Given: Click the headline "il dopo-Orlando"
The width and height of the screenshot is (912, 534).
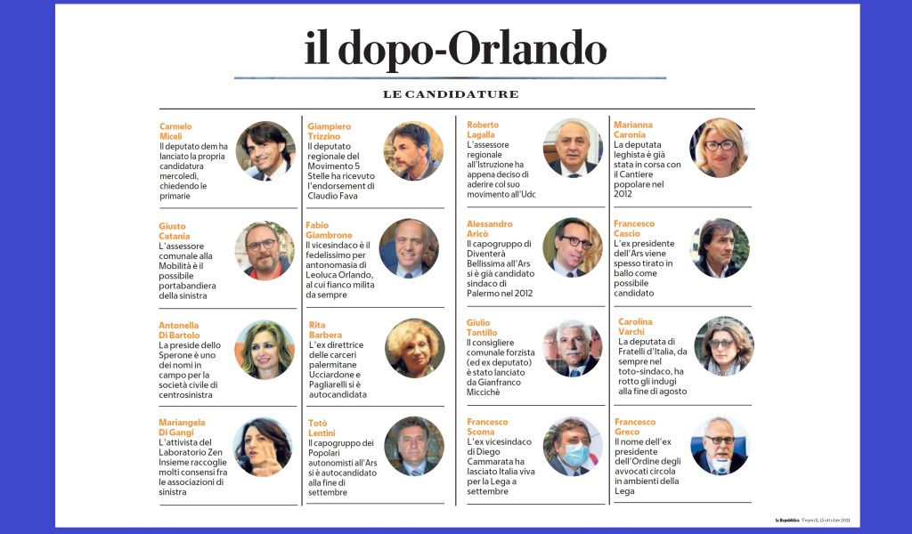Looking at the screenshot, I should tap(455, 49).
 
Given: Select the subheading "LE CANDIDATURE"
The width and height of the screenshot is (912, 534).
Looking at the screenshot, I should tap(451, 94).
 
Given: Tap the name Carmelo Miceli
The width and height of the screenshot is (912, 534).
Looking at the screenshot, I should tap(175, 131).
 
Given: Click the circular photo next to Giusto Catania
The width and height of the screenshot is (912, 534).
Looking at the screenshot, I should tap(265, 250).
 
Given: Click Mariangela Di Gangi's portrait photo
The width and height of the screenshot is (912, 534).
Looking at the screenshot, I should tap(263, 447).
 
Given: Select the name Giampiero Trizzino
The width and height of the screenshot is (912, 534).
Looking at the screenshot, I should tap(329, 131).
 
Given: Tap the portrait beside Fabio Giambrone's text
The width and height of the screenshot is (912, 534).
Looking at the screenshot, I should tap(409, 248).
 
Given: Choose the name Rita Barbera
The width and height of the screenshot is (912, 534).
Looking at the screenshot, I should tap(325, 330).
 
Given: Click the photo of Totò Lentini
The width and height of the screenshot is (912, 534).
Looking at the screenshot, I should tap(414, 446).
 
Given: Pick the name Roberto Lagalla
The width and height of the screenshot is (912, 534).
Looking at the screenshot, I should tap(484, 129).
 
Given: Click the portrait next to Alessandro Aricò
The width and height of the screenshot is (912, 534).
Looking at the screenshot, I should tap(572, 247).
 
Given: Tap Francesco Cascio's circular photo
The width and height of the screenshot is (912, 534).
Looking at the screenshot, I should tap(720, 247).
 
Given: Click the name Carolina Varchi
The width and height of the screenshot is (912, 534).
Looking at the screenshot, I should tap(635, 327).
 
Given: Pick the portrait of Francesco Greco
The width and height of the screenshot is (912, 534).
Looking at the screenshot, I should tap(720, 446).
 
